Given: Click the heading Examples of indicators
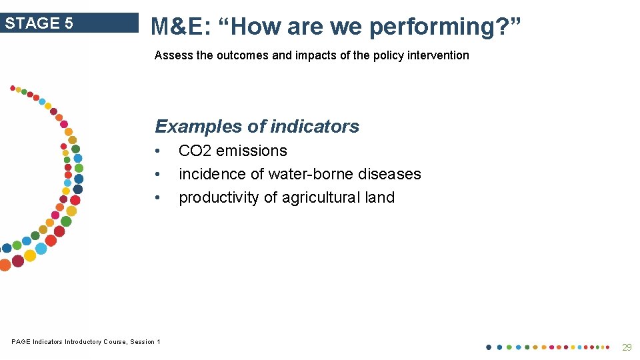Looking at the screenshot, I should pos(257,126).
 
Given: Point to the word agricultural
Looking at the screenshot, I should pos(317,197).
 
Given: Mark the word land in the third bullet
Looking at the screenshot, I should pos(380,197).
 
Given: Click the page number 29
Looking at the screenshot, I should pos(626,347).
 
